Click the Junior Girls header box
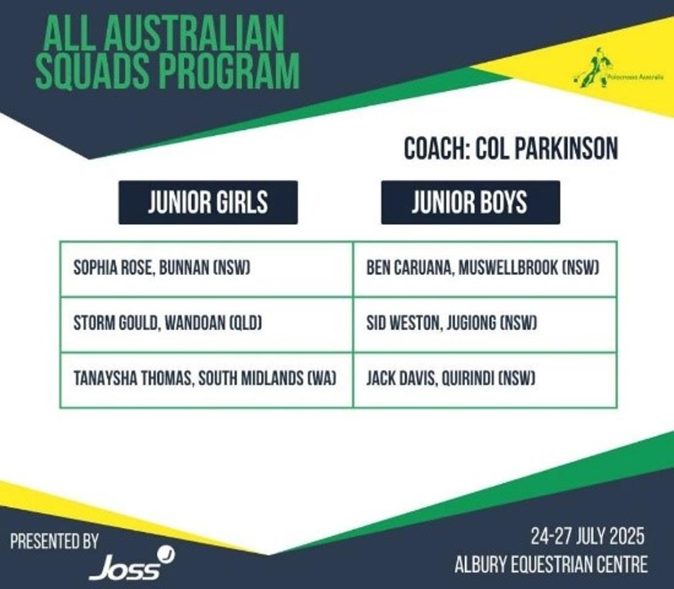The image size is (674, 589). pos(208,203)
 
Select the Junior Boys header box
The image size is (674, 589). pos(471,203)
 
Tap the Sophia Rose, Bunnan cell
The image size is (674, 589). pos(207,270)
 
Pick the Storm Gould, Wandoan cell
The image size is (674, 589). pos(207,325)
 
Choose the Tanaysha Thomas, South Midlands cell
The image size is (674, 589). pos(207,380)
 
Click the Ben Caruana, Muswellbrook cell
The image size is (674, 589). pos(485,270)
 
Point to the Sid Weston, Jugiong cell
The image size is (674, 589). pos(485,325)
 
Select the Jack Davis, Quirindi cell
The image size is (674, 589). pos(485,380)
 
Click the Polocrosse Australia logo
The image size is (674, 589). pos(618,69)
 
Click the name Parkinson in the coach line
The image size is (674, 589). pos(565,149)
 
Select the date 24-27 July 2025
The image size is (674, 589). pos(588,536)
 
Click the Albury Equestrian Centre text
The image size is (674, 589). pos(551,564)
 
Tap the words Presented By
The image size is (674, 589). pos(54,541)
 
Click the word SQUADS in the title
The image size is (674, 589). pos(93,71)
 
